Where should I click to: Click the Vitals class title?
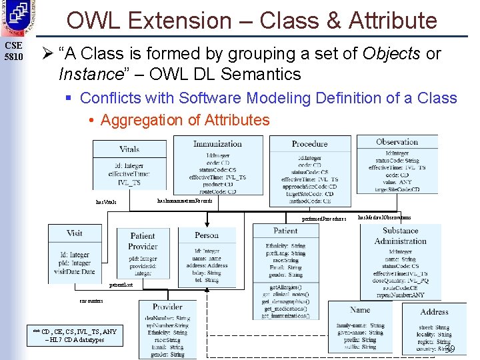[129, 149]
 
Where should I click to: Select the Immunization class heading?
[217, 143]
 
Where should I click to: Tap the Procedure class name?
[309, 143]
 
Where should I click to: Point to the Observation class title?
[397, 141]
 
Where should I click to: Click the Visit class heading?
[75, 233]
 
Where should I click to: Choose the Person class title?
[207, 235]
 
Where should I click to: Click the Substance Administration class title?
[400, 236]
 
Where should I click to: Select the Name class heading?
[360, 309]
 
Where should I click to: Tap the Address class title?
[434, 311]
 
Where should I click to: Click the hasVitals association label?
[106, 201]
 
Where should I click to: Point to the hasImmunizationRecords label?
[185, 200]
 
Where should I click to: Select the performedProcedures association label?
[325, 218]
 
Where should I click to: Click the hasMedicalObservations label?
[385, 217]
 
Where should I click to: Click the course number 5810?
[13, 56]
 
